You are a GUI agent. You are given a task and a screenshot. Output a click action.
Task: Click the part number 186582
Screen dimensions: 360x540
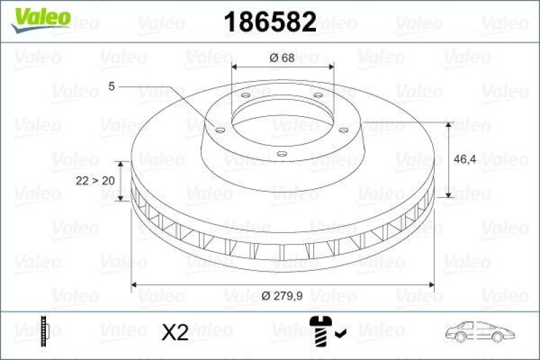269,23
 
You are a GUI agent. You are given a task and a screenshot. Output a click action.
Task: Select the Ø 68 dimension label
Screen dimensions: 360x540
281,57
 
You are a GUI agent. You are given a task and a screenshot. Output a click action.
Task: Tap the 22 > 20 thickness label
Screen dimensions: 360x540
94,180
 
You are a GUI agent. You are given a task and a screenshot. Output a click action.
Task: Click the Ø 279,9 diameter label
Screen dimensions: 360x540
282,295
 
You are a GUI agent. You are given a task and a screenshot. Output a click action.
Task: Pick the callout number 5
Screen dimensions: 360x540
111,86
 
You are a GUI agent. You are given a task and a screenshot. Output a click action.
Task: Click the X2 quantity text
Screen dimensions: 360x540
175,332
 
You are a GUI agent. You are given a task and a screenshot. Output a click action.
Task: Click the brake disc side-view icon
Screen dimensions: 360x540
45,331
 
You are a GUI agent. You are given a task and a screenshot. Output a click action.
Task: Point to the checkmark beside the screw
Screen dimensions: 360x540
341,332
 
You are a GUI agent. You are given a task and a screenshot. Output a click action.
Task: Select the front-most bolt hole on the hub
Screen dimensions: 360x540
281,154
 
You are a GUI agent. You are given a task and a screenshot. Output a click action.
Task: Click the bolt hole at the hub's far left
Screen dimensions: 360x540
220,128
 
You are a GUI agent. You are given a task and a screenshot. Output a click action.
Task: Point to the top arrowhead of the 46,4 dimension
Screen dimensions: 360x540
449,126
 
